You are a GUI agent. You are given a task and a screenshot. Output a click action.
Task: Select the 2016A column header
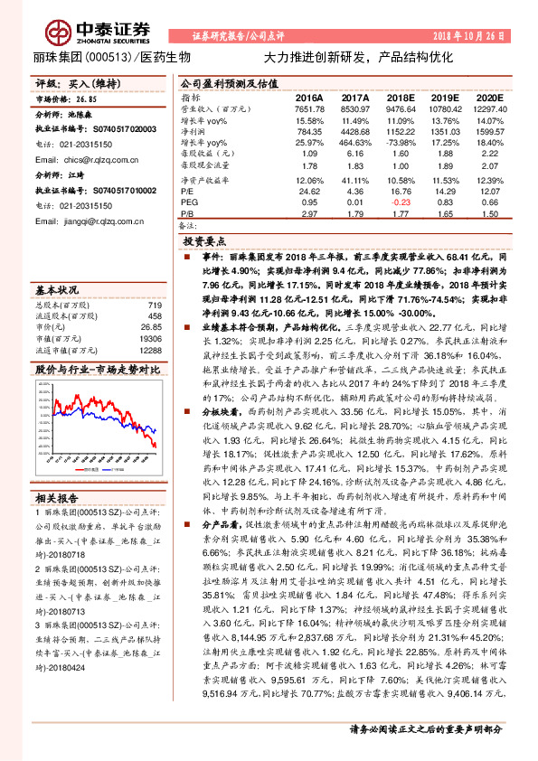[x=309, y=96]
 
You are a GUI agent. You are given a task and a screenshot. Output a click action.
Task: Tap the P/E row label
[x=188, y=191]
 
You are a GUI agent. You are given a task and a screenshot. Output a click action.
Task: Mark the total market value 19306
[x=149, y=337]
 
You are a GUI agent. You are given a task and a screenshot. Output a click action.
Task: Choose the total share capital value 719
[x=154, y=305]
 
